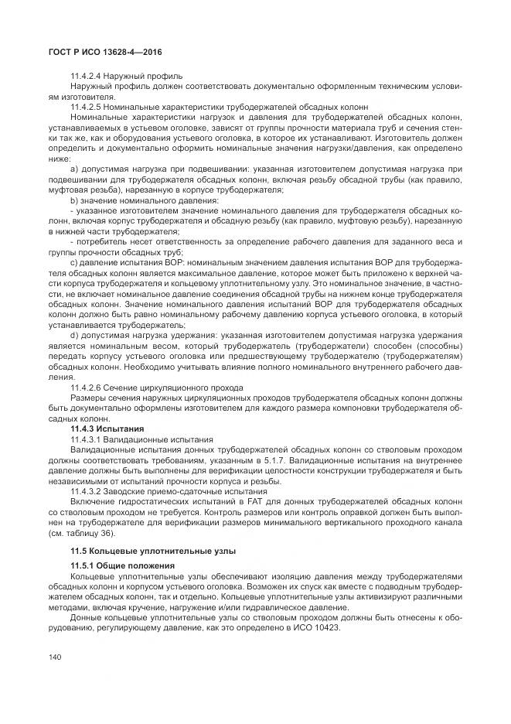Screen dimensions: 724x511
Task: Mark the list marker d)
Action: pyautogui.click(x=74, y=336)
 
